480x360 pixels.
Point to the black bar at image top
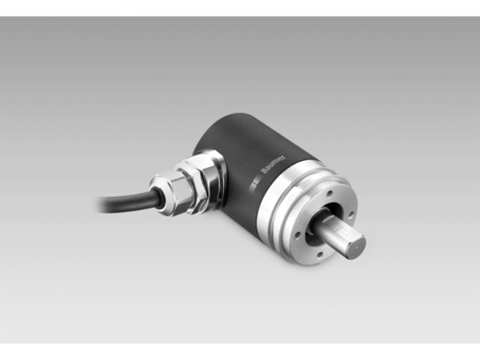240,7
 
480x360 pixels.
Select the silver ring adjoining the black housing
277,187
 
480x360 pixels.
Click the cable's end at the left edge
100,203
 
